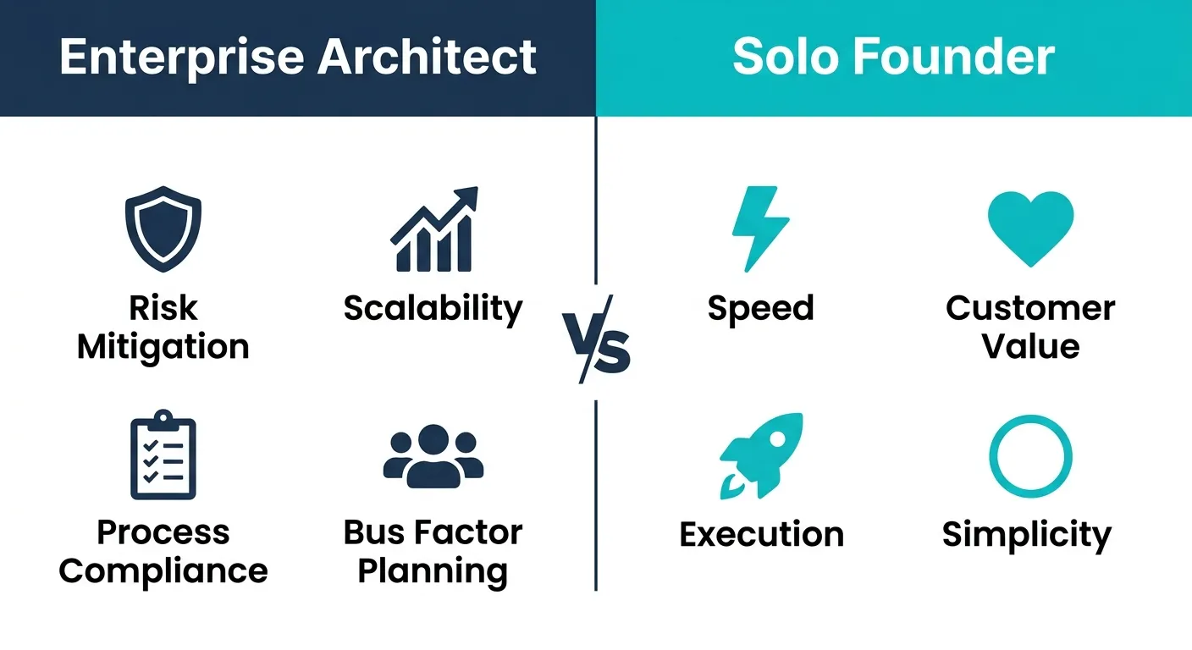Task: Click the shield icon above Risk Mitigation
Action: coord(163,231)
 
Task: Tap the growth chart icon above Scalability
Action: coord(433,230)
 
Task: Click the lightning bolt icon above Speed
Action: coord(759,229)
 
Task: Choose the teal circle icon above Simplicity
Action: coord(1030,455)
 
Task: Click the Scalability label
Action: coord(433,309)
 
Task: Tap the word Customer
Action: coord(1030,308)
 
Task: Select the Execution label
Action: coord(761,534)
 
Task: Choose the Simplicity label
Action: coord(1027,536)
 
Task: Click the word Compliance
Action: coord(163,571)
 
